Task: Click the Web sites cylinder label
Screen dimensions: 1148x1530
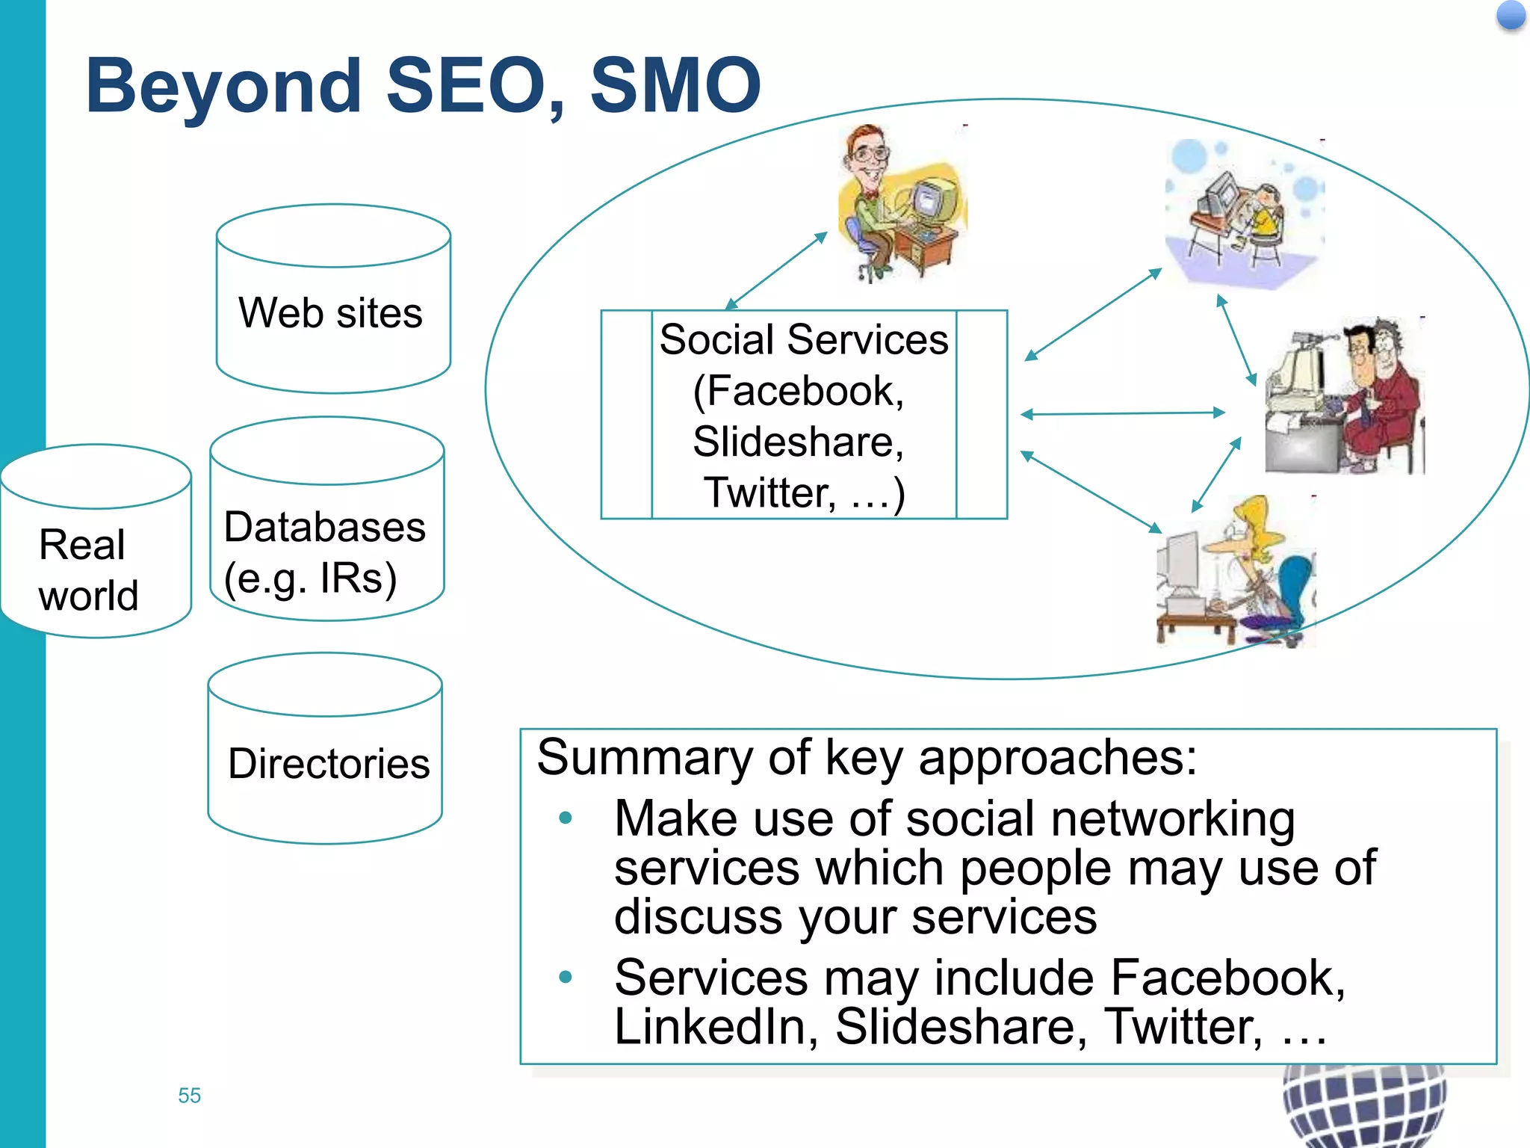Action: [330, 312]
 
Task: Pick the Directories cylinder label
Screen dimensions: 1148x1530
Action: [329, 763]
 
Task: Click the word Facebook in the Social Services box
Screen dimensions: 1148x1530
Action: [799, 391]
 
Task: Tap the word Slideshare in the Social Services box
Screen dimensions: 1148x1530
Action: [797, 441]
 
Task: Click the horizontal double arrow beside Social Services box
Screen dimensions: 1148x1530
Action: [1123, 413]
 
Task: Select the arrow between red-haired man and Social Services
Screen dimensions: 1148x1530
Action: [776, 271]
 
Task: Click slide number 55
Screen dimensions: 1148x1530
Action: [189, 1095]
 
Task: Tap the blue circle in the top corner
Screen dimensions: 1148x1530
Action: [1511, 16]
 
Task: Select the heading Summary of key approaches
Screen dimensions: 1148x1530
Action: [867, 757]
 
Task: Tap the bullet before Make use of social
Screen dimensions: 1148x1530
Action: [566, 818]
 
